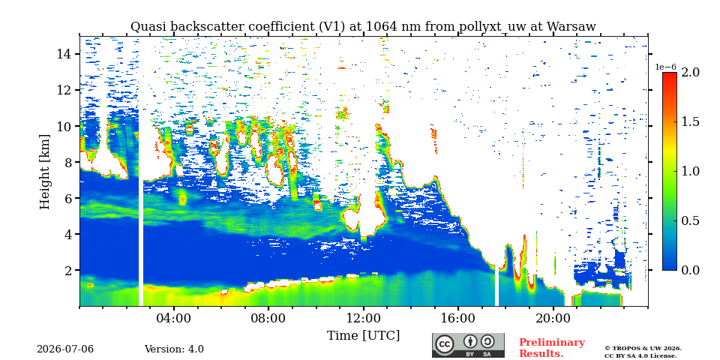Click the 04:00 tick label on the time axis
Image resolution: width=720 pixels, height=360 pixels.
point(174,318)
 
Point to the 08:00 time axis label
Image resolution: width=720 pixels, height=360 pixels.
point(268,318)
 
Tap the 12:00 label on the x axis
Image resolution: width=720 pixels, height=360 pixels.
point(364,318)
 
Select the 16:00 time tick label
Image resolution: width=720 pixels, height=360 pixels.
point(458,318)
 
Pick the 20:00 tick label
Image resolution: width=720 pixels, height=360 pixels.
point(553,318)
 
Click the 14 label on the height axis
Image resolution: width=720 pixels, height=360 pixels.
point(64,54)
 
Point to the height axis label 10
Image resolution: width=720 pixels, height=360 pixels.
point(64,126)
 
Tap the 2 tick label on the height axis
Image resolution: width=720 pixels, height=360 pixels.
point(68,271)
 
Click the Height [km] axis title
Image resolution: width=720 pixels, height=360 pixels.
point(44,172)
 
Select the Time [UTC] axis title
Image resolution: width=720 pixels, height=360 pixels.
point(363,335)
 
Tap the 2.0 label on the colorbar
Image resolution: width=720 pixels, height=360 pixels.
point(690,73)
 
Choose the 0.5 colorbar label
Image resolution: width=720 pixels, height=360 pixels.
point(690,220)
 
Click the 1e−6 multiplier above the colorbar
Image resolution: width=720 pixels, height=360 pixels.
point(665,67)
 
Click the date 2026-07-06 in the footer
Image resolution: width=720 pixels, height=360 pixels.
point(65,349)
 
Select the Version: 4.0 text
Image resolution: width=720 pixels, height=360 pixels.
point(174,349)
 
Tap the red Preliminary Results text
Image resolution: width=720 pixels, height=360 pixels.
point(552,348)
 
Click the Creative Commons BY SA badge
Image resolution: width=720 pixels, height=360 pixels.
point(468,346)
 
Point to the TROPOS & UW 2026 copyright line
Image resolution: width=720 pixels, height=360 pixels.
point(643,349)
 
